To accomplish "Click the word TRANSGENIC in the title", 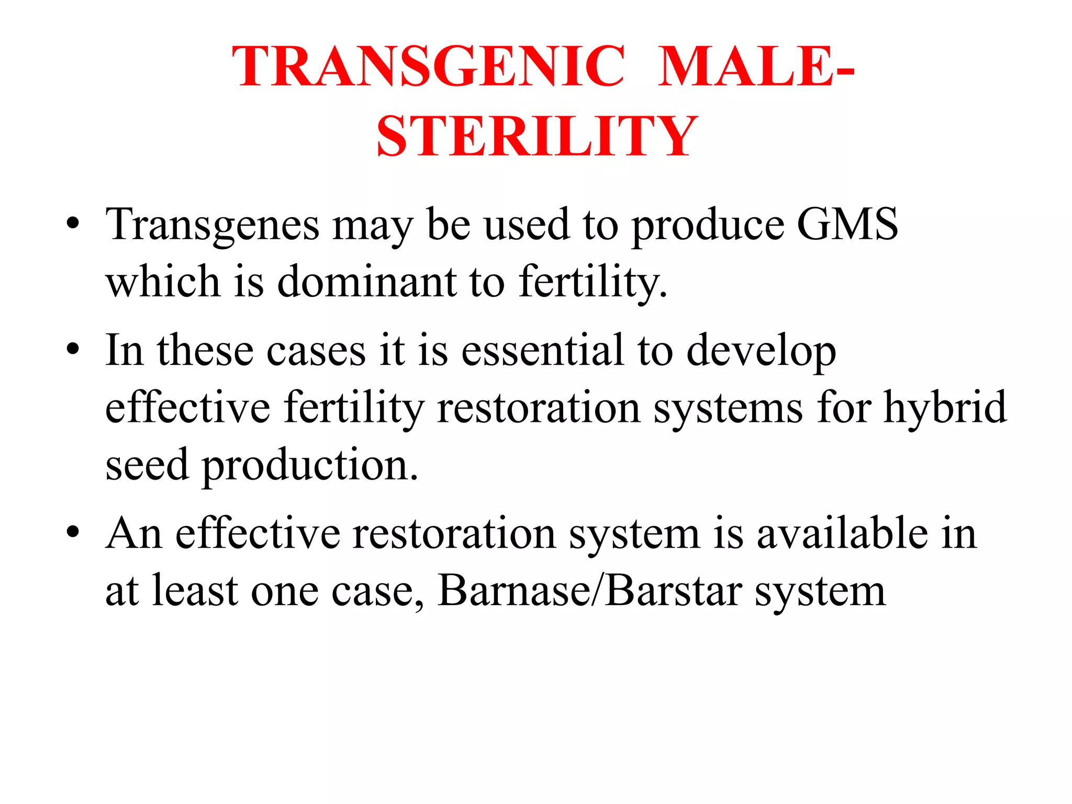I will (x=429, y=66).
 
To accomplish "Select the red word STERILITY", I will (x=537, y=136).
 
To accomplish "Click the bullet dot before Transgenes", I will (x=73, y=224).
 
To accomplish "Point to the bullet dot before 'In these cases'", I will (x=73, y=349).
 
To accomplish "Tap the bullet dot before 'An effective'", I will (x=73, y=533).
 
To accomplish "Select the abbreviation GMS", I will (x=847, y=224).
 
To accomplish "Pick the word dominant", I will (x=366, y=281).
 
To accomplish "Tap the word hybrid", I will (x=945, y=408).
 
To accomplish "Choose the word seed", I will (x=147, y=464).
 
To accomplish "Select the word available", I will (x=842, y=533).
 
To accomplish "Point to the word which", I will (x=163, y=281).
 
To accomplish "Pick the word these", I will (x=206, y=350).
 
